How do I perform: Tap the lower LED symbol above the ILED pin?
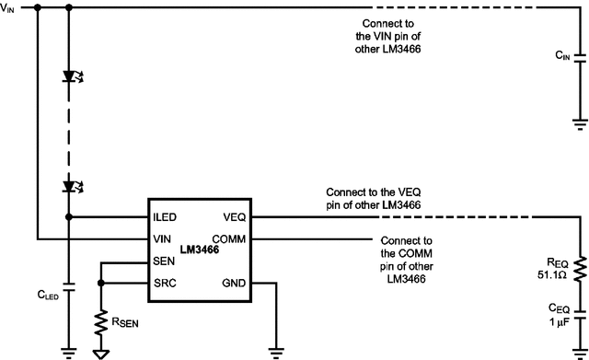(x=68, y=186)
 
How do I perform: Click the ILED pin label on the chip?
(x=167, y=218)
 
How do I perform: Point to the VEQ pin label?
(x=233, y=218)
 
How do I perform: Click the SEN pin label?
(x=165, y=262)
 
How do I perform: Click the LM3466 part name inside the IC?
(x=200, y=250)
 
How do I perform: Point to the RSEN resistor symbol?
(x=100, y=321)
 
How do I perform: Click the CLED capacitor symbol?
(x=68, y=282)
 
